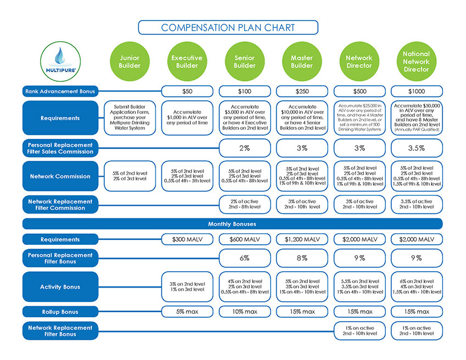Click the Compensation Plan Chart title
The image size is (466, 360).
228,27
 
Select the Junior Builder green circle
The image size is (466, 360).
130,61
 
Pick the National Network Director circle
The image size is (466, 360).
416,61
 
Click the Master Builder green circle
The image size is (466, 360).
301,61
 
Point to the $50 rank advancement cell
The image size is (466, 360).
187,91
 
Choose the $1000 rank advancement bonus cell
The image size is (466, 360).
416,91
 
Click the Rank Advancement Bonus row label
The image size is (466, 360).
60,91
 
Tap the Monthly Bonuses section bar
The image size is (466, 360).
233,224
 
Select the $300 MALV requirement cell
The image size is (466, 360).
187,239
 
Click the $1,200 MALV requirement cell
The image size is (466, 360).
301,239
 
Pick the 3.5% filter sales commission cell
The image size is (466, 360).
416,148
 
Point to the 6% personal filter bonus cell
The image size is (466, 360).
244,258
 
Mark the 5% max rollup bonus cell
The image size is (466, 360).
187,312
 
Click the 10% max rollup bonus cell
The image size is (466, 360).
244,312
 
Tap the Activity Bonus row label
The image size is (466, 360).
60,287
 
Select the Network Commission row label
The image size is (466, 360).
60,176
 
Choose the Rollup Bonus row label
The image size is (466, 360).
60,312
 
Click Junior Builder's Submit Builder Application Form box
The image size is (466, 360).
130,117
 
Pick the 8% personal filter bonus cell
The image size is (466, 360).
301,258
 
